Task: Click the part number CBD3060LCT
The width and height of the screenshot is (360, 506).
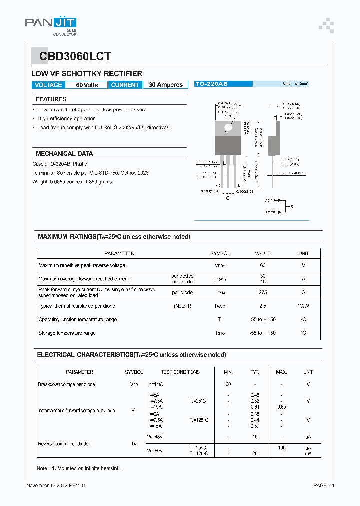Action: click(x=72, y=56)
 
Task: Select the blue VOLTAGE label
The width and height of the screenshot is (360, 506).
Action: click(x=48, y=85)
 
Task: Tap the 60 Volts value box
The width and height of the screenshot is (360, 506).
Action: click(x=87, y=85)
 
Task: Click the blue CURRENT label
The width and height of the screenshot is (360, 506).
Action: click(x=125, y=85)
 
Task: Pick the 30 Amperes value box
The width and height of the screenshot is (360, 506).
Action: click(x=166, y=85)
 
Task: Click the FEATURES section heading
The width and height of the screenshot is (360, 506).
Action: click(x=51, y=99)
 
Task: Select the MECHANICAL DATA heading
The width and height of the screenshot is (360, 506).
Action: click(x=64, y=154)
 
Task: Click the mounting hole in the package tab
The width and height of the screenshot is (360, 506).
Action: click(x=228, y=127)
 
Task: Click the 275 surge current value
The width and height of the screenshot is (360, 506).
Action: click(x=262, y=292)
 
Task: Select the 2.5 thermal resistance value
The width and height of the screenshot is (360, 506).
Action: click(x=262, y=306)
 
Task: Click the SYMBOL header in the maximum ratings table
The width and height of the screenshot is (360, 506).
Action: click(x=220, y=253)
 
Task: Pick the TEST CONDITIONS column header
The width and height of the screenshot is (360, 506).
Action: click(x=180, y=372)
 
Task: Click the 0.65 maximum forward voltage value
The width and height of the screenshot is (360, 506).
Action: click(x=281, y=407)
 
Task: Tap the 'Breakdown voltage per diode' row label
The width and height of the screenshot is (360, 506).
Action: click(x=66, y=384)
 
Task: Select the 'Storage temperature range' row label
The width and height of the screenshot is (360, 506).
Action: click(x=67, y=333)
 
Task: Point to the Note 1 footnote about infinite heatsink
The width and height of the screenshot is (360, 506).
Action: click(x=79, y=468)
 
